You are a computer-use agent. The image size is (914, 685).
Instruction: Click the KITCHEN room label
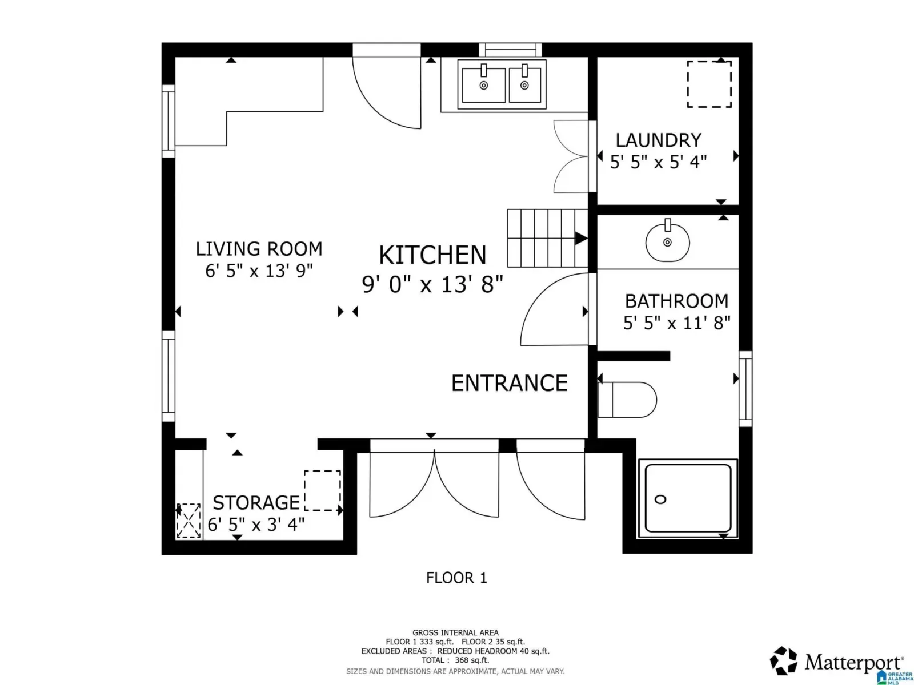[432, 255]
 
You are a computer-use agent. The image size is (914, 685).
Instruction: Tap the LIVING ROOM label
[259, 249]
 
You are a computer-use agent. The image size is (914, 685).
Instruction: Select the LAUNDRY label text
[658, 140]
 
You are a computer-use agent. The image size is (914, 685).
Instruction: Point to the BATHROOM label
[676, 301]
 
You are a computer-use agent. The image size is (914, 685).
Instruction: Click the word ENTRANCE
[509, 383]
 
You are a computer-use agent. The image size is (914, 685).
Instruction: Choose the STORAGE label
[256, 503]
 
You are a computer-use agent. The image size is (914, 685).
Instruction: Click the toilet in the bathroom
[627, 400]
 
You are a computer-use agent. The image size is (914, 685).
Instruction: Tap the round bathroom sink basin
[667, 242]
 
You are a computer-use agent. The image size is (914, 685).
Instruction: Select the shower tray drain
[660, 499]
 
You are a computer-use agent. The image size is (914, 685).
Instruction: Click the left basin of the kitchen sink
[483, 86]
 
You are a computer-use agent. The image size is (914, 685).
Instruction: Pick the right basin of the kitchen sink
[524, 86]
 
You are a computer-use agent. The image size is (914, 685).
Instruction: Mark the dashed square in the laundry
[709, 84]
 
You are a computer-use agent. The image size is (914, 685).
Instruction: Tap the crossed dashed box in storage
[189, 521]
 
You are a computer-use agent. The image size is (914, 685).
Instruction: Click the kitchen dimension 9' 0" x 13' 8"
[432, 284]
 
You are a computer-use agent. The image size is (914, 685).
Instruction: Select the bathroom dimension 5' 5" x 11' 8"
[676, 323]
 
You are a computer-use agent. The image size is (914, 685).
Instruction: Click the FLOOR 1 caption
[456, 578]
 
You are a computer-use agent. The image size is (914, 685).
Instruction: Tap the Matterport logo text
[854, 662]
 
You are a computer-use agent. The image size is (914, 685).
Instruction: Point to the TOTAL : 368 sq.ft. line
[455, 660]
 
